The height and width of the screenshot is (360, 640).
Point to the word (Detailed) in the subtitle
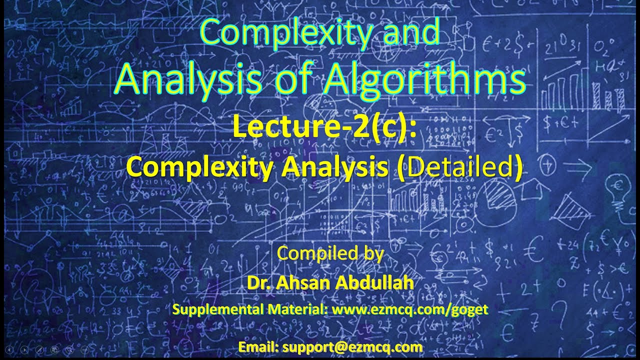coord(462,166)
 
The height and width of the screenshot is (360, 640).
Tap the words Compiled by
coord(330,253)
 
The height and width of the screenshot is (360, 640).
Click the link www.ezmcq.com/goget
coord(409,309)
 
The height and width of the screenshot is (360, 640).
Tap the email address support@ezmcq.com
coord(352,346)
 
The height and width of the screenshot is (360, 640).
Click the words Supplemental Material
coord(249,309)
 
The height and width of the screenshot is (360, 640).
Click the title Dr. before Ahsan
coord(256,282)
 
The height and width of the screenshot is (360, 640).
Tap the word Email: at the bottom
coord(258,346)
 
